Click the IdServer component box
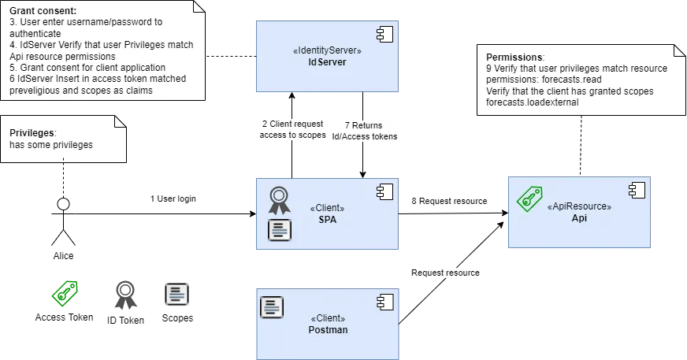327,56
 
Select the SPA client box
327,214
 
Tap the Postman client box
327,323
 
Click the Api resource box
579,213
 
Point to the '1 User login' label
173,199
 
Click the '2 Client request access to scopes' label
293,129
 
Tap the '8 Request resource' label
449,201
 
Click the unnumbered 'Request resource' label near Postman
445,273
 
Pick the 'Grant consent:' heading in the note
43,12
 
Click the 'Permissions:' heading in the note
514,58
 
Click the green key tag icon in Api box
529,198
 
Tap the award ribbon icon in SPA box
279,200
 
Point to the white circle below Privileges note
64,205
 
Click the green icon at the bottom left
65,293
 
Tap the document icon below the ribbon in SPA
279,230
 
